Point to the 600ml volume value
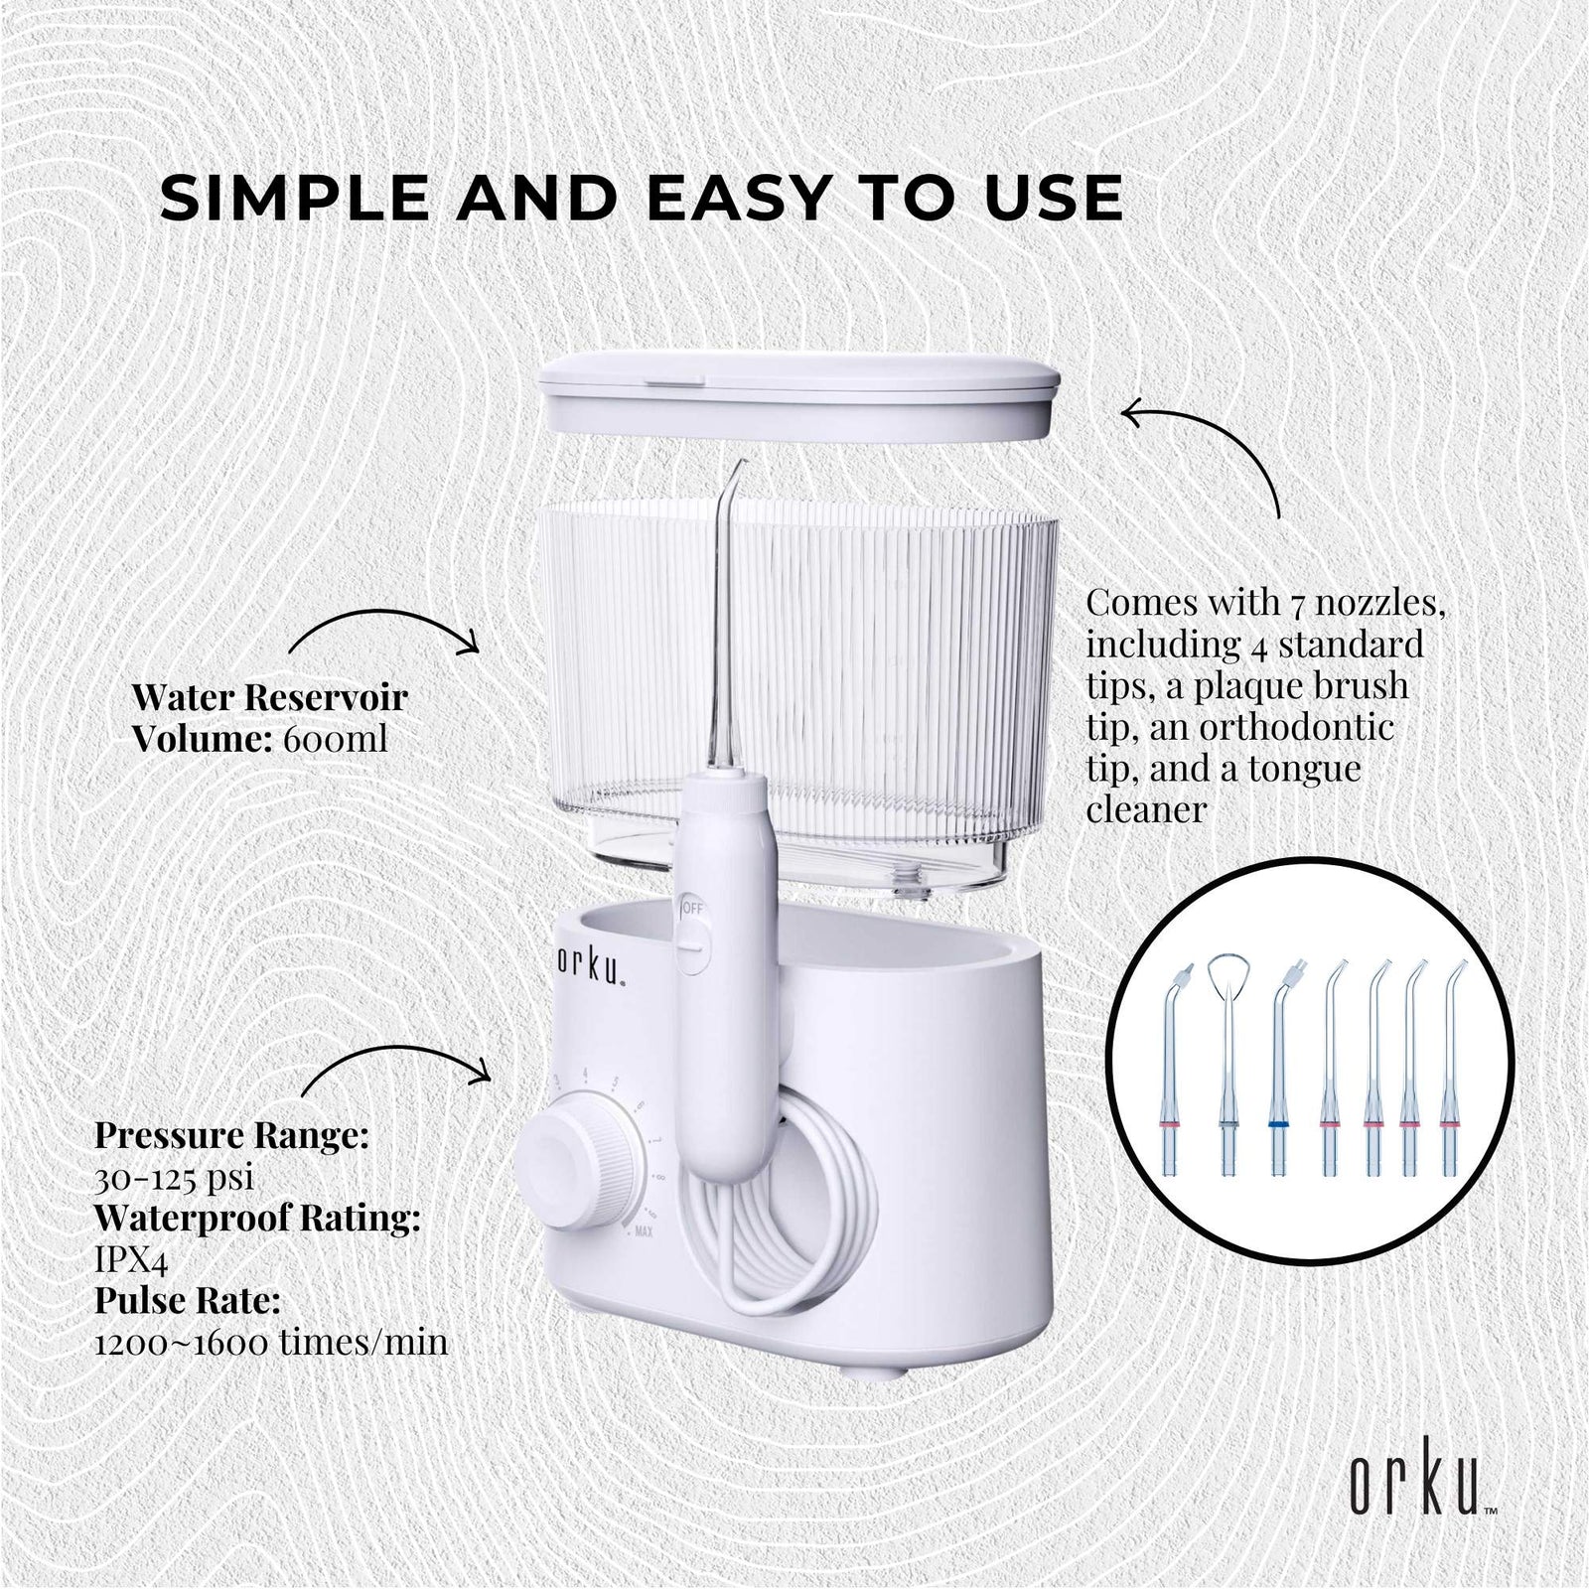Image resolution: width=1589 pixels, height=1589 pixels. [x=331, y=740]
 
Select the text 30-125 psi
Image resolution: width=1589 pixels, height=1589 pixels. [x=174, y=1178]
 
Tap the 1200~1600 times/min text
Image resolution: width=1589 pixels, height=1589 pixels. [x=270, y=1344]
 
